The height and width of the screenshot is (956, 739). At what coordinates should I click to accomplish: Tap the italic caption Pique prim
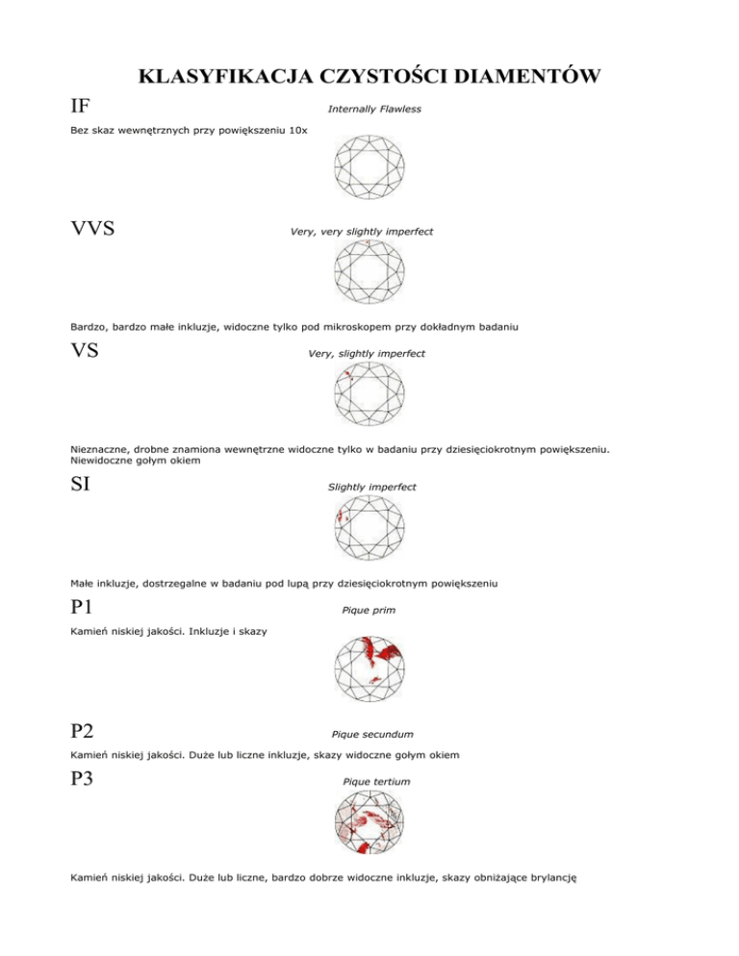[x=369, y=610]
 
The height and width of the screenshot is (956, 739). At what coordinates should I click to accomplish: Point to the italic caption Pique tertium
[x=376, y=782]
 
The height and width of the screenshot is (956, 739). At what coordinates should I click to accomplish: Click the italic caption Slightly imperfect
[x=372, y=488]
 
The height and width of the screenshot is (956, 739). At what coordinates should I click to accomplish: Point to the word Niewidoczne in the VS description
[x=107, y=461]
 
